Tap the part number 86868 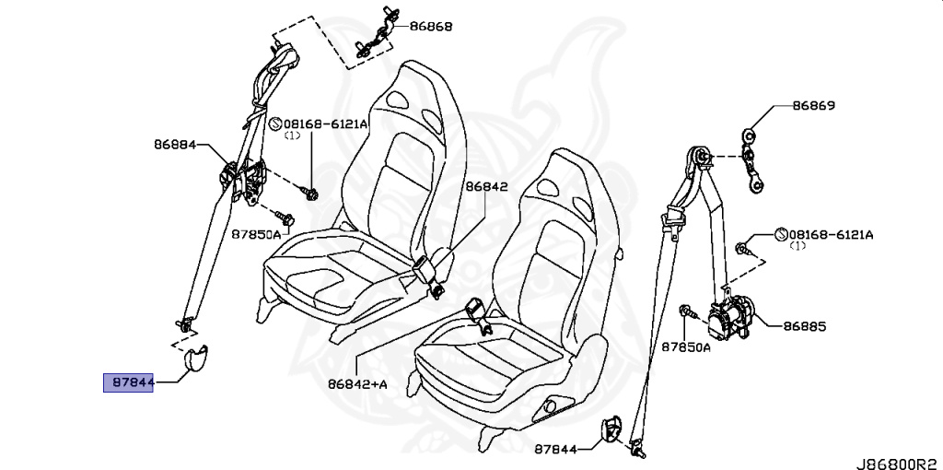click(431, 28)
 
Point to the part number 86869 click(813, 106)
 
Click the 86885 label click(805, 325)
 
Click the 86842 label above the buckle click(485, 185)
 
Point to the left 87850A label click(255, 234)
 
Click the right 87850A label click(686, 347)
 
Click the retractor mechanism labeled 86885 click(732, 319)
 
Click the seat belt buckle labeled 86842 click(425, 271)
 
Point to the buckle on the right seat click(478, 313)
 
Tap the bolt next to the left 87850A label click(286, 219)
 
